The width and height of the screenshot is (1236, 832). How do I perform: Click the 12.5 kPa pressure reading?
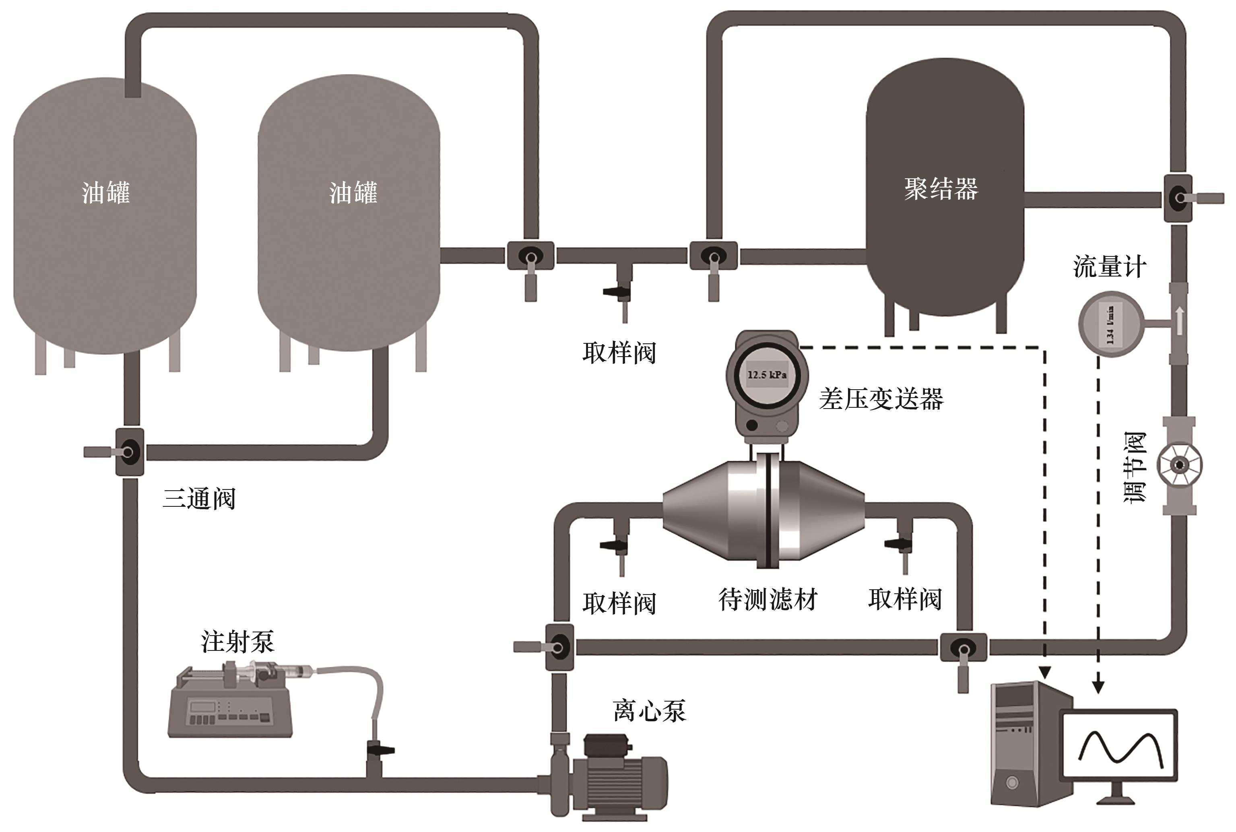(x=767, y=375)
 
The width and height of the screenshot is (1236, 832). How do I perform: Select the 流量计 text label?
(x=1109, y=266)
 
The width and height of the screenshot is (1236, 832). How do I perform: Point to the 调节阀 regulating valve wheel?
(x=1179, y=465)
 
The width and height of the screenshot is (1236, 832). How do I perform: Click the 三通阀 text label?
(x=198, y=498)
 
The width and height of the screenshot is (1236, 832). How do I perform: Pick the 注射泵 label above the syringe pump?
(x=237, y=642)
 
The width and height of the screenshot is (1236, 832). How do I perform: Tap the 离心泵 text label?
(x=649, y=711)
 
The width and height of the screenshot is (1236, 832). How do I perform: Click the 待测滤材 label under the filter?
(x=768, y=600)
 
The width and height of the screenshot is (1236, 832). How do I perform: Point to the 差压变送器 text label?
(x=881, y=399)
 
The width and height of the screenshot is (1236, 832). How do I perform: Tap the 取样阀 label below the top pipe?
(x=619, y=353)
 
